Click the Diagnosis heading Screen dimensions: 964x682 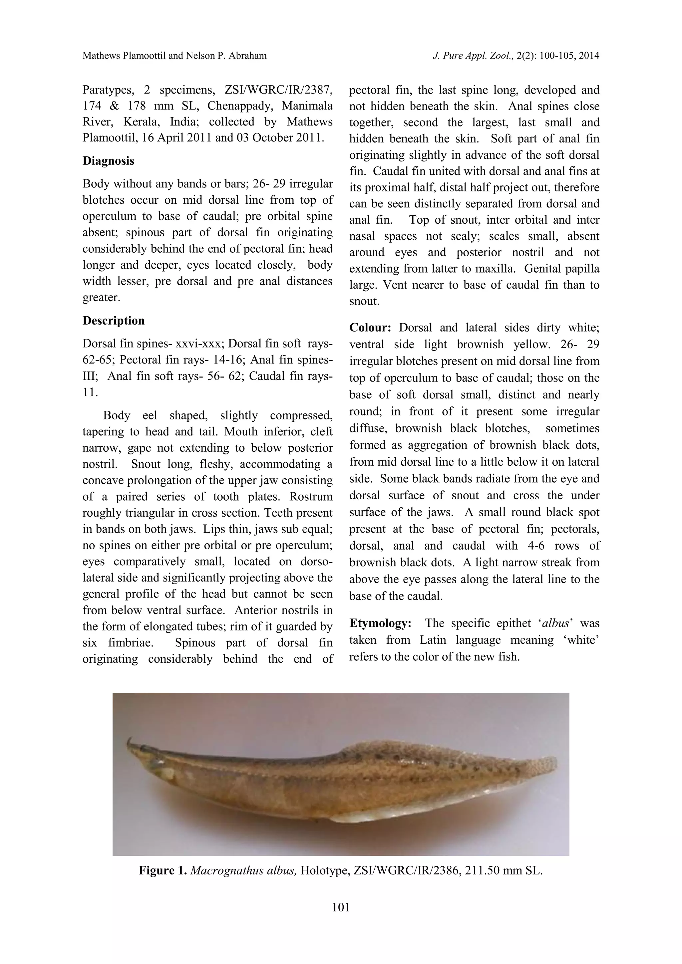(108, 161)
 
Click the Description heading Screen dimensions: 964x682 (113, 321)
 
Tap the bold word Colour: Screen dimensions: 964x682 (370, 328)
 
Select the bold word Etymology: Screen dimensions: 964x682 (380, 623)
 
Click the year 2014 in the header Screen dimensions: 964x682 (588, 55)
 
